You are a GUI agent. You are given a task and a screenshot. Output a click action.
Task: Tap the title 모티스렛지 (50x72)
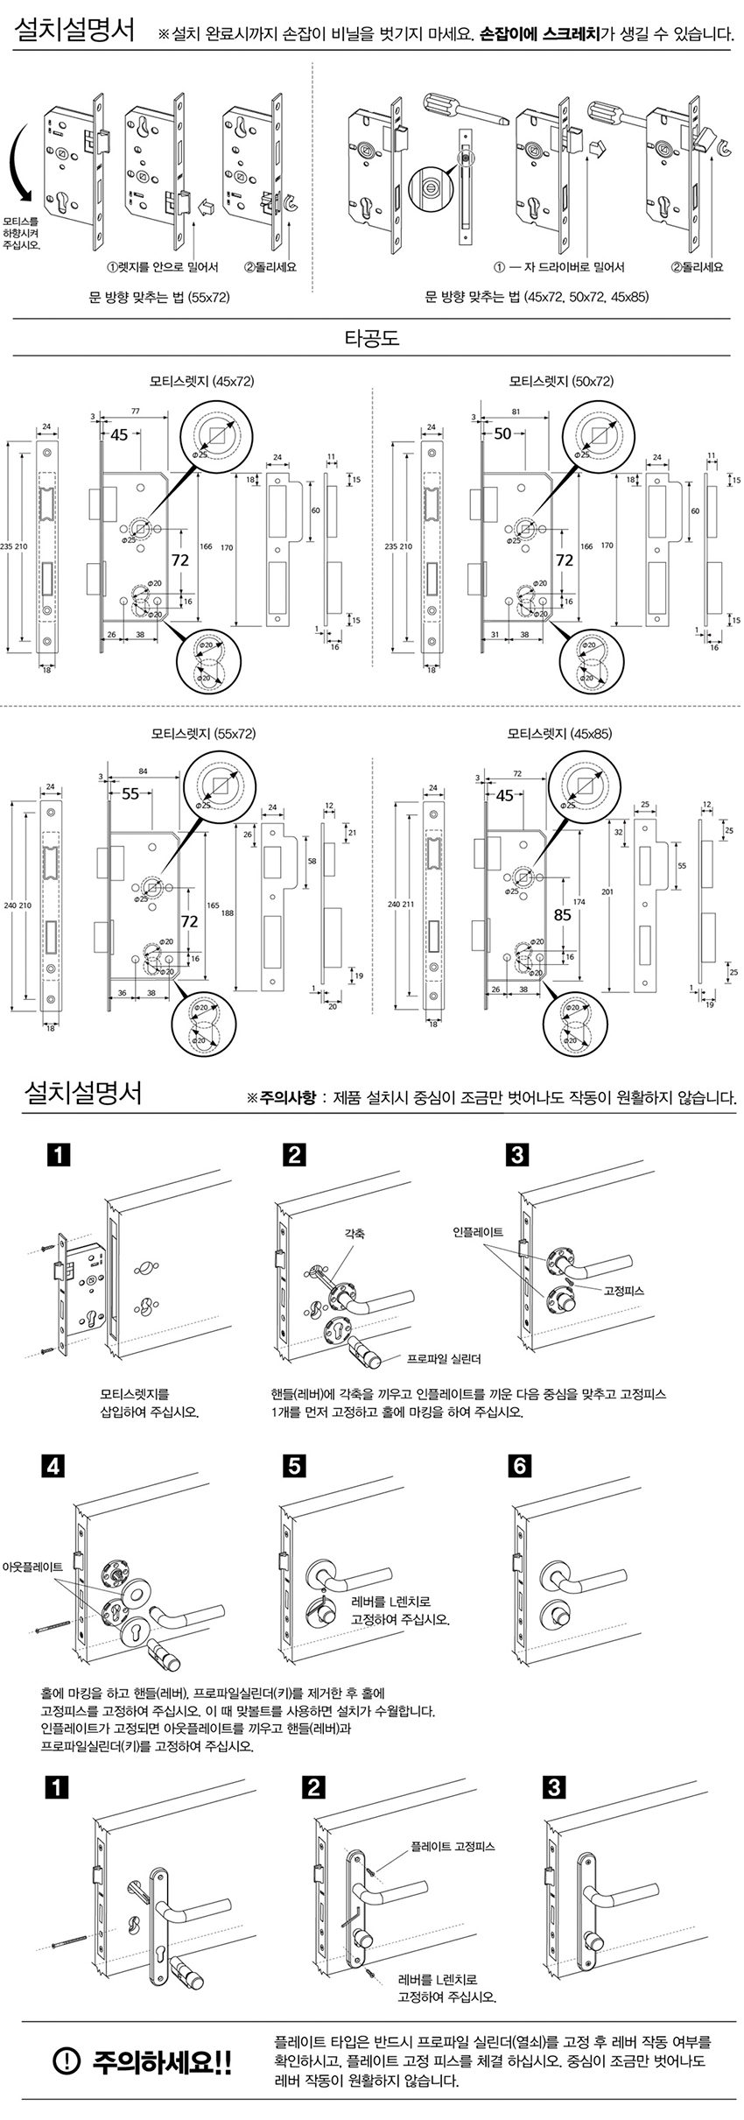(x=561, y=382)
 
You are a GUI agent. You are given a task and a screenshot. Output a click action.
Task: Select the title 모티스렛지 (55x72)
(x=203, y=734)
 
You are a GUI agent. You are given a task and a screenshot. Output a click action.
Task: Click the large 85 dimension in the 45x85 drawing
(x=562, y=915)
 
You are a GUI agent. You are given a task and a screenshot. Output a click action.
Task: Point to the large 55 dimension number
(x=130, y=794)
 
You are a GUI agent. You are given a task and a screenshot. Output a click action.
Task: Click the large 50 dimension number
(x=502, y=434)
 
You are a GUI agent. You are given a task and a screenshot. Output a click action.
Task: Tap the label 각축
(x=354, y=1234)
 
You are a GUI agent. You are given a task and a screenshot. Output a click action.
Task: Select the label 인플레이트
(x=478, y=1231)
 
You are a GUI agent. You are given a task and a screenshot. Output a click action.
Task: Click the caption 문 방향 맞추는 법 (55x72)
(x=159, y=298)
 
